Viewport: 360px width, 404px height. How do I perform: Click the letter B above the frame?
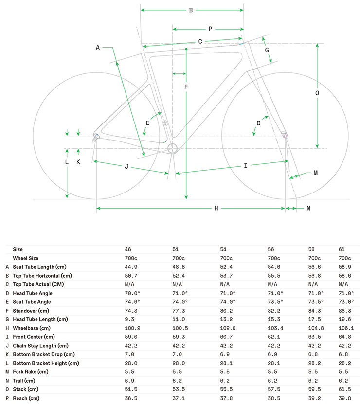(191, 10)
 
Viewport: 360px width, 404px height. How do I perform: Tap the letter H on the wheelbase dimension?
(216, 208)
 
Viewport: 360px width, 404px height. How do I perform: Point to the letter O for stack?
(317, 93)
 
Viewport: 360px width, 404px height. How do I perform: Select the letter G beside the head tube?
(267, 50)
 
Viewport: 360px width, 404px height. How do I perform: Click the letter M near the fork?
(316, 173)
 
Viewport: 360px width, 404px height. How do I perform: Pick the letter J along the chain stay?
(126, 167)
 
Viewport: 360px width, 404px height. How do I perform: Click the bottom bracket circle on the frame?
(173, 148)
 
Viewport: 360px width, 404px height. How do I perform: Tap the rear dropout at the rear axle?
(96, 136)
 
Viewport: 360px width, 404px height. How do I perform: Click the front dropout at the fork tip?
(285, 135)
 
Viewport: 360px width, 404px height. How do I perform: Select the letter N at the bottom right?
(308, 208)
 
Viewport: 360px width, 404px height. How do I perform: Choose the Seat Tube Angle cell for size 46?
(132, 302)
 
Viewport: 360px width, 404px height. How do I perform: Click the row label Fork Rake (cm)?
(31, 372)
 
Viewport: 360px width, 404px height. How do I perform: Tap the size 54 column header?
(223, 249)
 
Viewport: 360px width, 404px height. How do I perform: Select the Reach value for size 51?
(179, 398)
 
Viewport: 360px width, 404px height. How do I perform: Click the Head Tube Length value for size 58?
(315, 319)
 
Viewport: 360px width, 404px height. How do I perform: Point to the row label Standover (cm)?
(31, 311)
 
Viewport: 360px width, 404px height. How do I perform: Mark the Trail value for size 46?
(129, 381)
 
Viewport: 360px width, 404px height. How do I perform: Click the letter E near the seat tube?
(147, 123)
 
